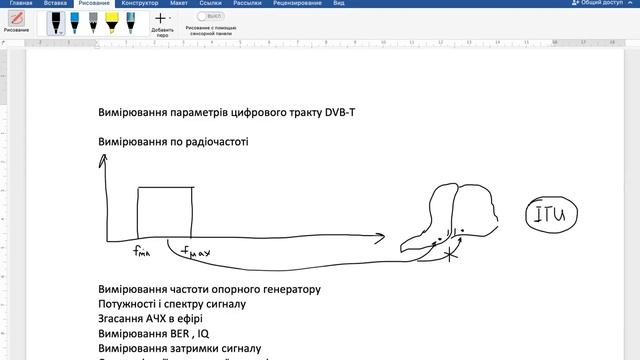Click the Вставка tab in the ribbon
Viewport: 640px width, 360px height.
tap(55, 4)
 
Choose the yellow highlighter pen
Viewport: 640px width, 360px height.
tap(116, 21)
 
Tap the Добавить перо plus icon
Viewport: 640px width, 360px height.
tap(159, 18)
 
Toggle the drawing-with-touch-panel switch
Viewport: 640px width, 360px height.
tap(211, 16)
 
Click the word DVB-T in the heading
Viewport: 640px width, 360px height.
tap(340, 113)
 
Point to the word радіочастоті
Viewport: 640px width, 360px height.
tap(213, 141)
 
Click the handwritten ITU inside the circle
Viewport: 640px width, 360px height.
tap(554, 214)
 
